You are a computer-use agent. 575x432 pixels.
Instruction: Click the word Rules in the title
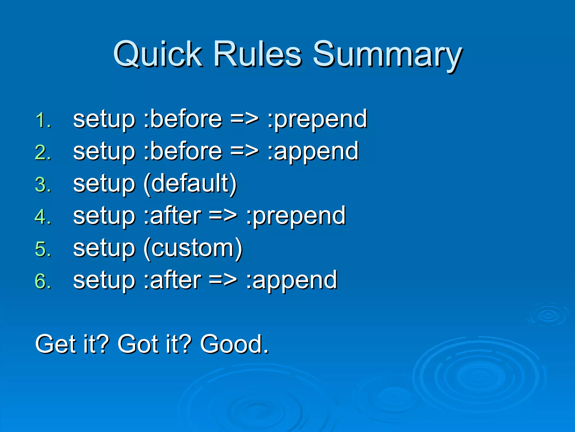pyautogui.click(x=257, y=54)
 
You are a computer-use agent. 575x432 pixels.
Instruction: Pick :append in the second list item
pyautogui.click(x=313, y=152)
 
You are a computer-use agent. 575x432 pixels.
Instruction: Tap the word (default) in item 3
pyautogui.click(x=190, y=184)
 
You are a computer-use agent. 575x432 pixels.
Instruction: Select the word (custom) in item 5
pyautogui.click(x=193, y=249)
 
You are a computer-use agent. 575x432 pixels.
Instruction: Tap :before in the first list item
pyautogui.click(x=182, y=119)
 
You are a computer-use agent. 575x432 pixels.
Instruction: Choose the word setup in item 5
pyautogui.click(x=104, y=249)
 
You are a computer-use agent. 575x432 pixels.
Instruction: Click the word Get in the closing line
pyautogui.click(x=56, y=344)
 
